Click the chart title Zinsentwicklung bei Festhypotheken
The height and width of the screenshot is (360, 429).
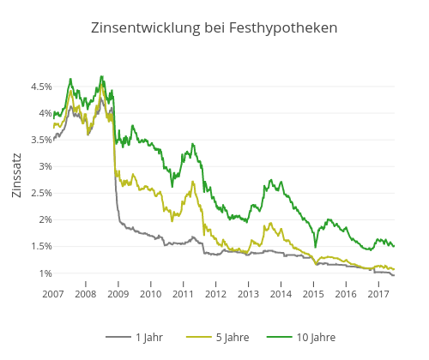(x=214, y=28)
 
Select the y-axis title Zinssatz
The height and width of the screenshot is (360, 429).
(x=17, y=176)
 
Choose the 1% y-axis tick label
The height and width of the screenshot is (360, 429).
(x=44, y=273)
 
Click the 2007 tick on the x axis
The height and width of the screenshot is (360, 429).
(x=53, y=294)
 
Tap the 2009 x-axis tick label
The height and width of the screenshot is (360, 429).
(x=118, y=294)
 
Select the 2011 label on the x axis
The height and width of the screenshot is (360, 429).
(x=184, y=294)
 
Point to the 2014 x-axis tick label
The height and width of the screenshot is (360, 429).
(x=281, y=294)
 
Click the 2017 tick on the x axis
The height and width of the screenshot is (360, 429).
(x=378, y=294)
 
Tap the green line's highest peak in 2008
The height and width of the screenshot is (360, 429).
(x=101, y=76)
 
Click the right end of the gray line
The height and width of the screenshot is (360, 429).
(x=394, y=275)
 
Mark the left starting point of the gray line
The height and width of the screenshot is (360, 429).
(x=53, y=138)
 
